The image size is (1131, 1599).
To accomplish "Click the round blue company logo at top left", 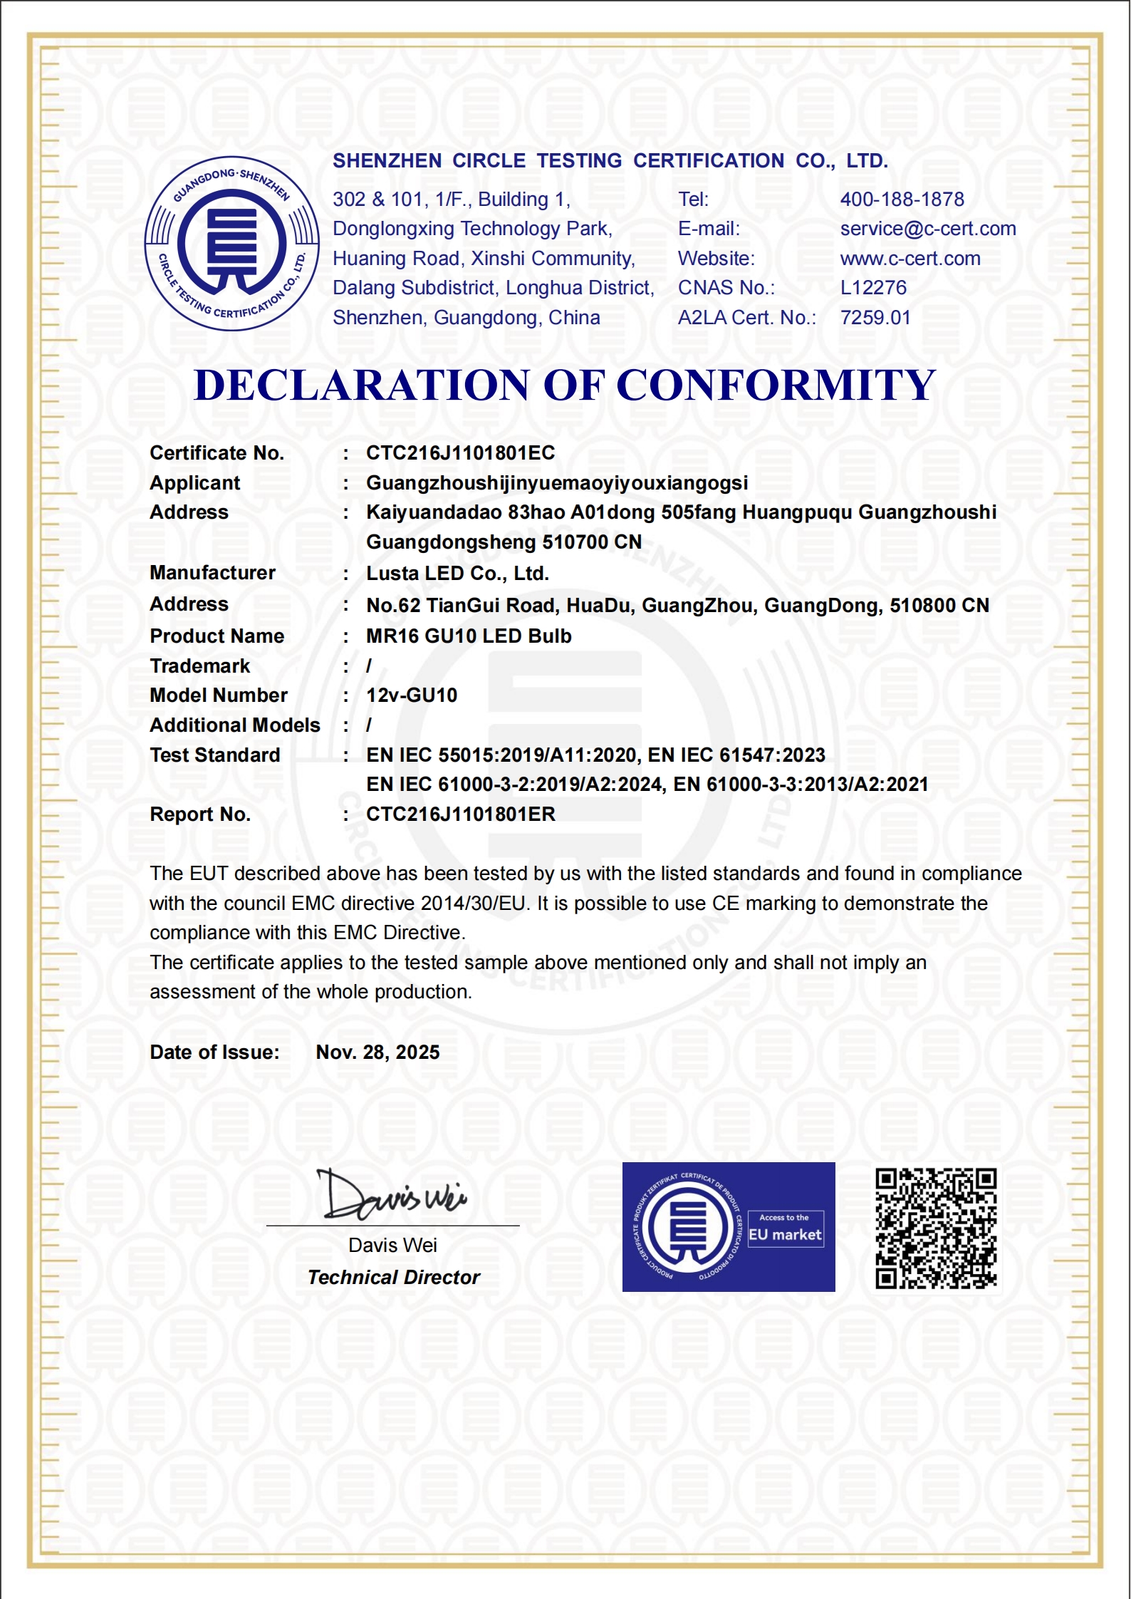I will [x=231, y=243].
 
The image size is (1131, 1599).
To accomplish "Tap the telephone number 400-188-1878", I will [x=902, y=200].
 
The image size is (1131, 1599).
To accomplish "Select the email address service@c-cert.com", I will [x=927, y=229].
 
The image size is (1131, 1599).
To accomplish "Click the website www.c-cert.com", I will [x=910, y=259].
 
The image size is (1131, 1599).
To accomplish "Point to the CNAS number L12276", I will [x=873, y=288].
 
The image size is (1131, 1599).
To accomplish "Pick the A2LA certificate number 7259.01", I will [x=875, y=318].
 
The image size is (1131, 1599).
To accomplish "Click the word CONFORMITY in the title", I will [x=776, y=385].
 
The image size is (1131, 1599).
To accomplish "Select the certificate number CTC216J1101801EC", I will [x=460, y=453].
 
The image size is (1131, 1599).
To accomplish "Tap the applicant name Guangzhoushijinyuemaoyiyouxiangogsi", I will [x=556, y=483].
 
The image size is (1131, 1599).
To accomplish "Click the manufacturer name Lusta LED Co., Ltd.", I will [x=457, y=574].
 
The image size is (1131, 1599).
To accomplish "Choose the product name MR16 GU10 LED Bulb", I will [x=469, y=636].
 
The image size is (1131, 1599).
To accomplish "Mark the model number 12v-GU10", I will [x=412, y=695].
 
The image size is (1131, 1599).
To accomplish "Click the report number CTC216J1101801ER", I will [x=460, y=814].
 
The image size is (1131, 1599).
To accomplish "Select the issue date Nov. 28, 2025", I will [x=377, y=1052].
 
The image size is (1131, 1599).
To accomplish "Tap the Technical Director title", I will [x=394, y=1278].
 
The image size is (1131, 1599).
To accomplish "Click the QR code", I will [x=936, y=1228].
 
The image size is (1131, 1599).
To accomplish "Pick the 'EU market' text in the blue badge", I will [x=785, y=1235].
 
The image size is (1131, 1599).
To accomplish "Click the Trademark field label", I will [x=200, y=666].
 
